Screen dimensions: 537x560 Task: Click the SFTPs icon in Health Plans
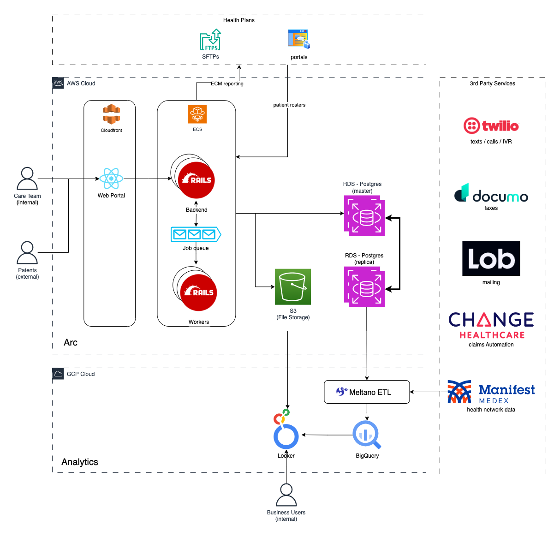(210, 40)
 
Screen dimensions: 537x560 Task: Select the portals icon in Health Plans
(298, 39)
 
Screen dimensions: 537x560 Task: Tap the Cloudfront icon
(111, 114)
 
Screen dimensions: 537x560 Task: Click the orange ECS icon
(197, 114)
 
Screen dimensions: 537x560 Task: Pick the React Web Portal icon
(111, 179)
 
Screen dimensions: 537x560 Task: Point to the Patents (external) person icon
(27, 253)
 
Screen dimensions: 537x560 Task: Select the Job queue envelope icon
(196, 234)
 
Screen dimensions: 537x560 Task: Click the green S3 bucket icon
(293, 286)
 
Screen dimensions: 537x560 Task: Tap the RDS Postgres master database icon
(364, 216)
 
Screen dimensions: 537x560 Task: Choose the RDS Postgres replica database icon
(364, 287)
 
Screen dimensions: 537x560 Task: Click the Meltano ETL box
(367, 392)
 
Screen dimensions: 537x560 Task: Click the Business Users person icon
(286, 495)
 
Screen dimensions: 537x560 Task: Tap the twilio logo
(491, 125)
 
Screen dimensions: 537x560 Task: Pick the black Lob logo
(491, 258)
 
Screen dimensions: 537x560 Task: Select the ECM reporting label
(227, 84)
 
